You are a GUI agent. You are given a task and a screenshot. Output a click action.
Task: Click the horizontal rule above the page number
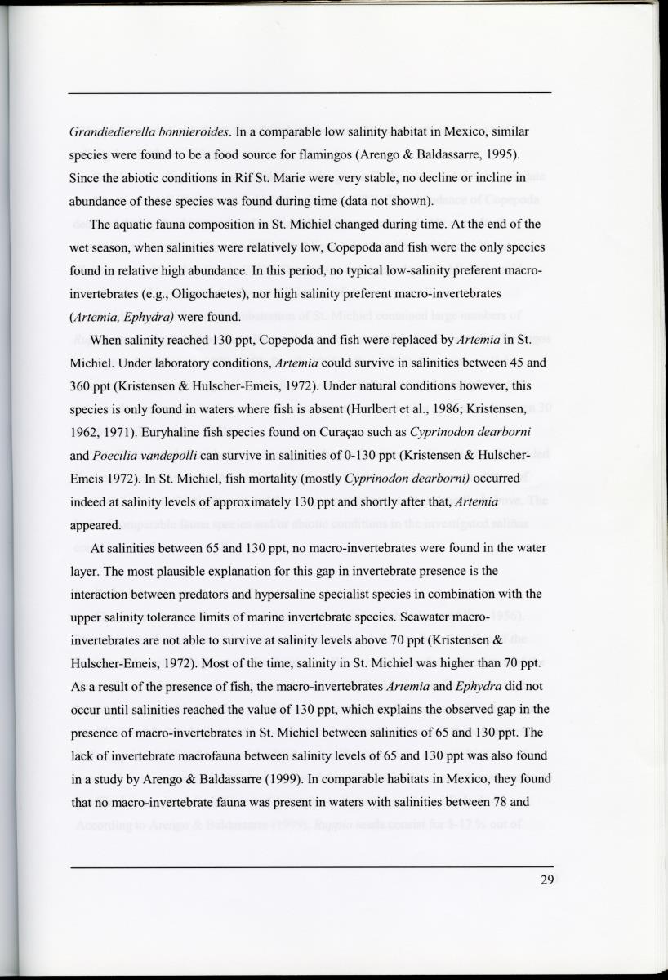[311, 865]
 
